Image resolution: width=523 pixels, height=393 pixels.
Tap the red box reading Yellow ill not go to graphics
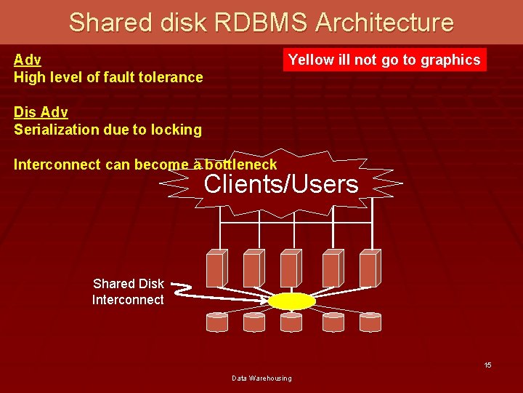[x=384, y=60]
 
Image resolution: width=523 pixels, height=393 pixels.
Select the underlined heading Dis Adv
[x=41, y=112]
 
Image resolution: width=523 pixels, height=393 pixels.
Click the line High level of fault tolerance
[x=108, y=77]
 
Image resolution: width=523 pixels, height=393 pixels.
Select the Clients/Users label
[x=281, y=184]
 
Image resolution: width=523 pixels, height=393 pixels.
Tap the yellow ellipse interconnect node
[x=291, y=301]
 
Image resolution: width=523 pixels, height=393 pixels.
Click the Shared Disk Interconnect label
[x=128, y=292]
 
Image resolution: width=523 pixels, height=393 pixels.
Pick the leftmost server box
[x=216, y=268]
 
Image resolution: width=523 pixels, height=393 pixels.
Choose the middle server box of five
[x=291, y=268]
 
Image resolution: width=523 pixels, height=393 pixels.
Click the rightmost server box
[x=368, y=268]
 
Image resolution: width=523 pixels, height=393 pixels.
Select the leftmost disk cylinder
[x=217, y=322]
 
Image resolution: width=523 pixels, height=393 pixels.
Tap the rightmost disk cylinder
[x=370, y=322]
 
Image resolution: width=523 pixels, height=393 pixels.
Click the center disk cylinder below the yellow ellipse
[x=291, y=322]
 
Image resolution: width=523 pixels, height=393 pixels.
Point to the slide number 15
[x=488, y=365]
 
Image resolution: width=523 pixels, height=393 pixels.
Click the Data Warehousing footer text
[x=261, y=378]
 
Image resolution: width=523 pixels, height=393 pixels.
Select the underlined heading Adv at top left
[x=27, y=60]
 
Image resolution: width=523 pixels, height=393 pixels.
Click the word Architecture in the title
[x=384, y=23]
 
